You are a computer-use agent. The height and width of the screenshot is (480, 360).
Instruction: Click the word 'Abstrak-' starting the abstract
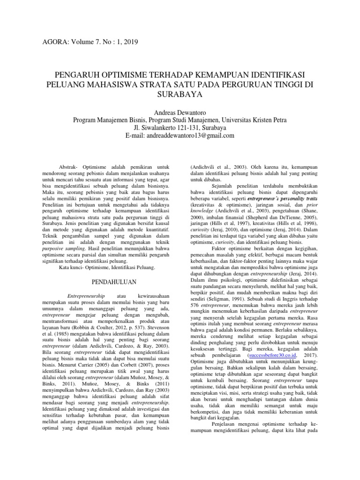point(71,167)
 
